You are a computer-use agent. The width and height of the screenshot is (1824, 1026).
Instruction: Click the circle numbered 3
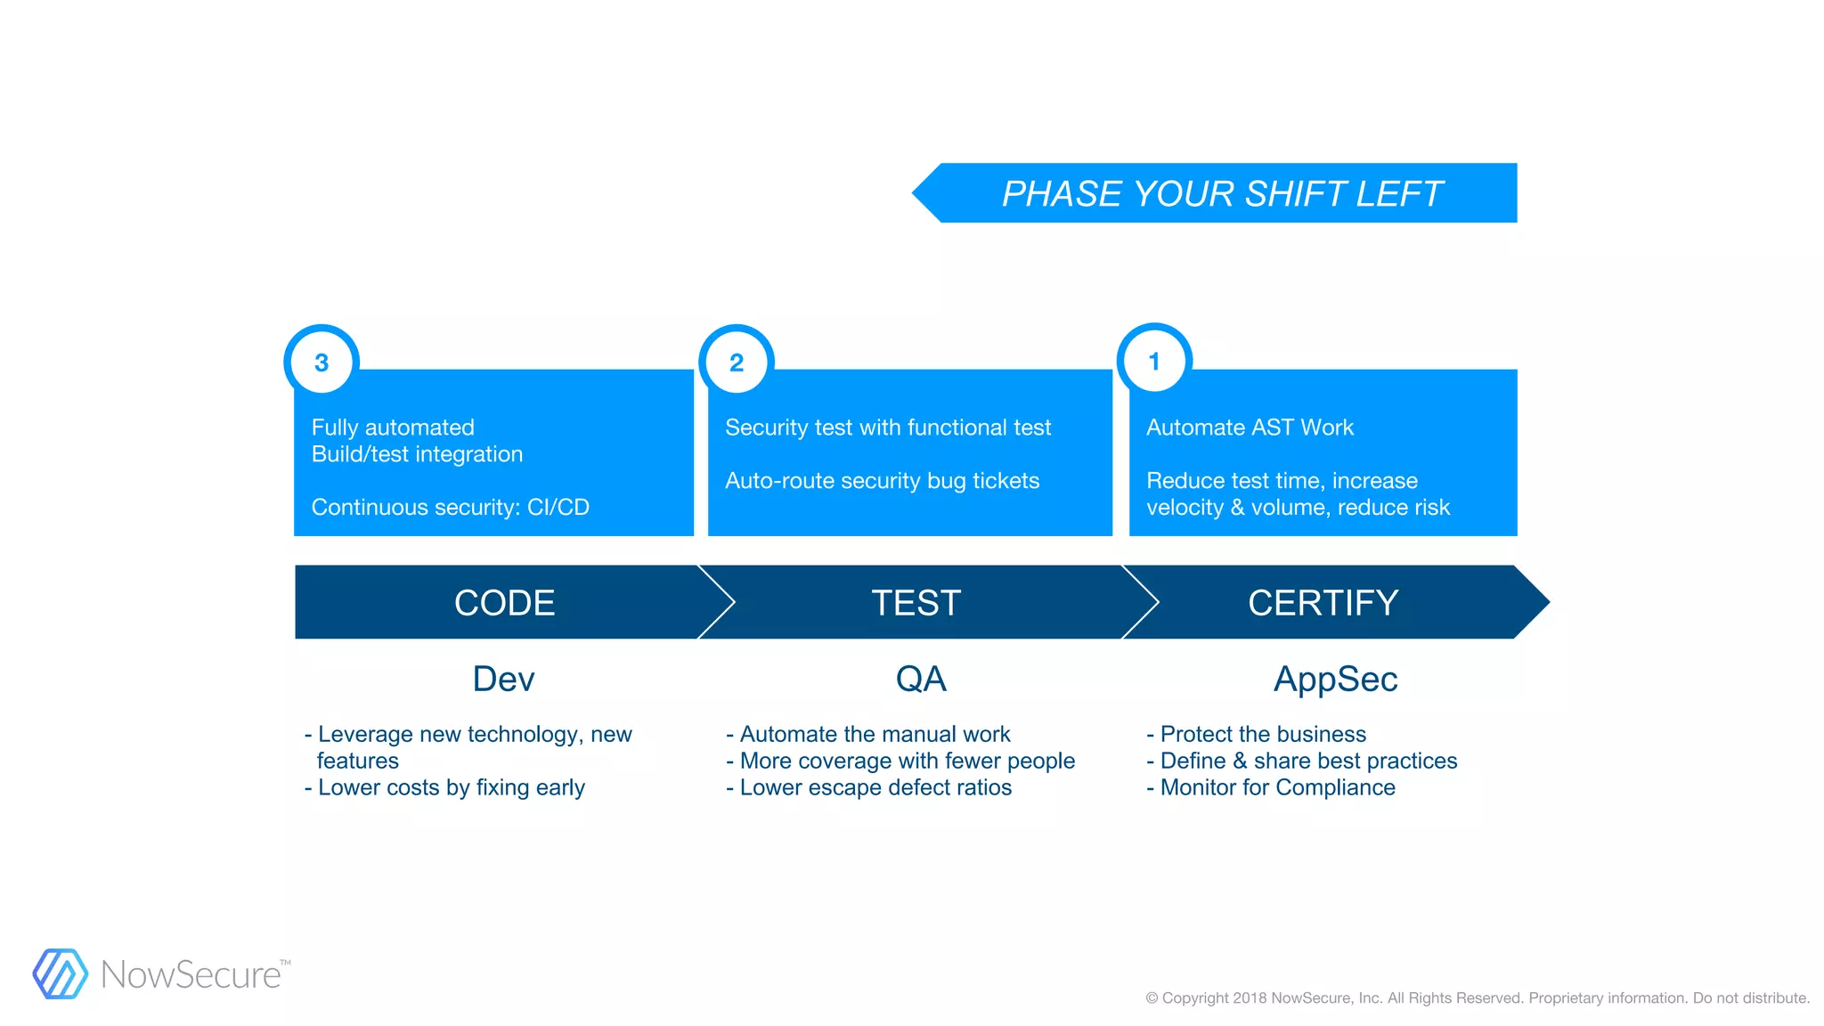point(322,362)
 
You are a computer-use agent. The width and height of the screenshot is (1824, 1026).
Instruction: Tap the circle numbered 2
point(737,362)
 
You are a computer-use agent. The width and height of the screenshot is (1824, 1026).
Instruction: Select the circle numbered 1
point(1154,361)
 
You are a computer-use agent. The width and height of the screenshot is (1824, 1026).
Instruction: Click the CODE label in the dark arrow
point(504,603)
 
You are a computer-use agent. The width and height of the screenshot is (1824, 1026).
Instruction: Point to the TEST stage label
point(916,603)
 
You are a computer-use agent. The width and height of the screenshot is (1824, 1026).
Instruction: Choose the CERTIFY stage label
point(1323,603)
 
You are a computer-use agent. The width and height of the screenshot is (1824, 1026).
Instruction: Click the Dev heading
point(503,679)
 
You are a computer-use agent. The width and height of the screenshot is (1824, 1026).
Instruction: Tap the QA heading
point(921,679)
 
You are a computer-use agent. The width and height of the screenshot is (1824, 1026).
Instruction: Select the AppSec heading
point(1335,679)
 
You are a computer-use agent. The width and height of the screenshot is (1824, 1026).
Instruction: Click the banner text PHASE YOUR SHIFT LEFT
point(1222,193)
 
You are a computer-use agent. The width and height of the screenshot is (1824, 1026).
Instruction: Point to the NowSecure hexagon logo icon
point(61,973)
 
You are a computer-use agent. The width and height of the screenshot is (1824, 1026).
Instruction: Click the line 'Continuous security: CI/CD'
point(450,507)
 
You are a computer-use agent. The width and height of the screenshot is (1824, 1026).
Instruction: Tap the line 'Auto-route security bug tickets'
point(882,480)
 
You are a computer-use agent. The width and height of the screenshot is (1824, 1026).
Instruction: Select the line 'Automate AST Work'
point(1250,427)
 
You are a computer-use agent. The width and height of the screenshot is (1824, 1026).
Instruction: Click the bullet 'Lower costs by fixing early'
point(451,787)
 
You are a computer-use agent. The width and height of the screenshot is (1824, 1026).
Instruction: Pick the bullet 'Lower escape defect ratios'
point(875,787)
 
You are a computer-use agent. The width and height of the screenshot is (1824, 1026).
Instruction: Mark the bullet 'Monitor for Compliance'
point(1277,787)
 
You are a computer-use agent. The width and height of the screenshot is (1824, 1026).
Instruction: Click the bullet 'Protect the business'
point(1263,734)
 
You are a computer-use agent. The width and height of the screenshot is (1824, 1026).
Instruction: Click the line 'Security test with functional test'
point(888,427)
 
